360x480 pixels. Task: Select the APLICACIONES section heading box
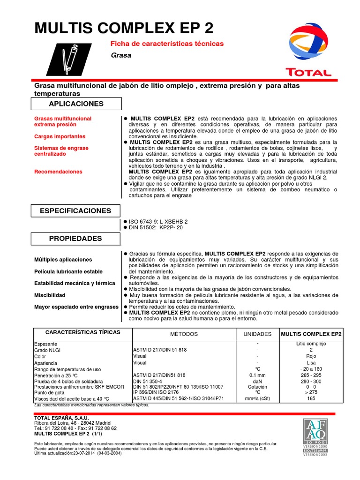coord(76,104)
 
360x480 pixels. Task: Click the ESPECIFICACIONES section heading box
coord(76,211)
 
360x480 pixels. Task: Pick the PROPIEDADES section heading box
coord(76,239)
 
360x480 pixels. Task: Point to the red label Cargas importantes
coord(60,136)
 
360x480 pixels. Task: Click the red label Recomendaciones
coord(58,172)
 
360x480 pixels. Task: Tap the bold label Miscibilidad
coord(50,295)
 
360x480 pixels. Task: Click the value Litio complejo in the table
coord(311,344)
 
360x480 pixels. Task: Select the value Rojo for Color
coord(311,356)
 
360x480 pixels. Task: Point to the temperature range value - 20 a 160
coord(311,369)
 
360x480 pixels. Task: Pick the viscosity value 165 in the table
coord(311,399)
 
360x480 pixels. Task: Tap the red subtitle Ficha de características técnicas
coord(166,44)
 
